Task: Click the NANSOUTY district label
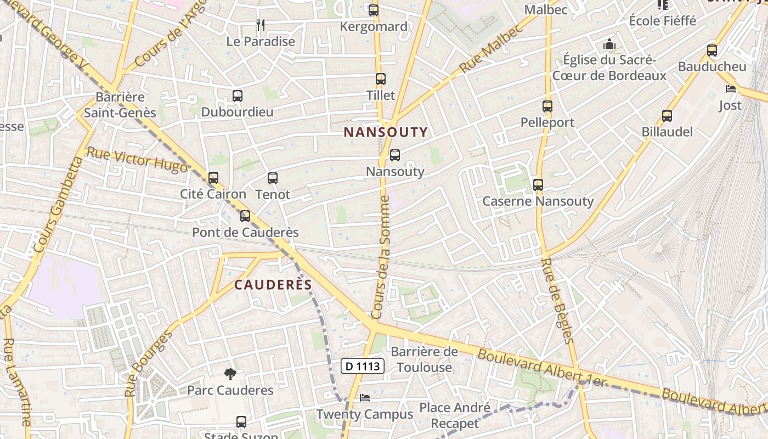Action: point(385,132)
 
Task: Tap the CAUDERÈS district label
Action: point(273,285)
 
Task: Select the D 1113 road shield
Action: point(363,366)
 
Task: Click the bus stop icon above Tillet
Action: point(381,79)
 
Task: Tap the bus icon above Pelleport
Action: point(547,106)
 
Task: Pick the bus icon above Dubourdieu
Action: point(238,96)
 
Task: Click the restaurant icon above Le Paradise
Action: point(261,25)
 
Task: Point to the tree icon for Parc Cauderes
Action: point(230,374)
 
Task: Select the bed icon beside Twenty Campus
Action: point(365,398)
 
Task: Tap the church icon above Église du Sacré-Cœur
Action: point(609,44)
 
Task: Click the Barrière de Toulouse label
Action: point(425,359)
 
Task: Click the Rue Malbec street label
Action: point(492,49)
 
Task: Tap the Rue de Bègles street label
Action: point(557,301)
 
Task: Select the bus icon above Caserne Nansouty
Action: point(538,185)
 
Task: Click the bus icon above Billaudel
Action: point(667,116)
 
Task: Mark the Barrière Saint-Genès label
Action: point(120,105)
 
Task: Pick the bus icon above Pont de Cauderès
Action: point(245,216)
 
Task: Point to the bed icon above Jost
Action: point(730,89)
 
